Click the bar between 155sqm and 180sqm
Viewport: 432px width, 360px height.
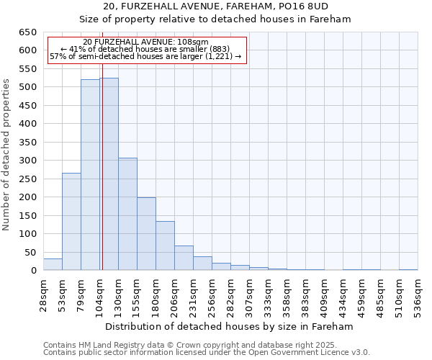tap(146, 234)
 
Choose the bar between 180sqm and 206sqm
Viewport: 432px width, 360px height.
tap(165, 246)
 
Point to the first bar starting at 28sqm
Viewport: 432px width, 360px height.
tap(53, 264)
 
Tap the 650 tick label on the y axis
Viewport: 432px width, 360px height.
tap(28, 32)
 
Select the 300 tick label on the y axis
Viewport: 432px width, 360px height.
tap(28, 161)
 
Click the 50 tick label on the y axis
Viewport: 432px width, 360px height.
tap(31, 252)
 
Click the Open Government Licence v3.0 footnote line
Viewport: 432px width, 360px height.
tap(207, 352)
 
